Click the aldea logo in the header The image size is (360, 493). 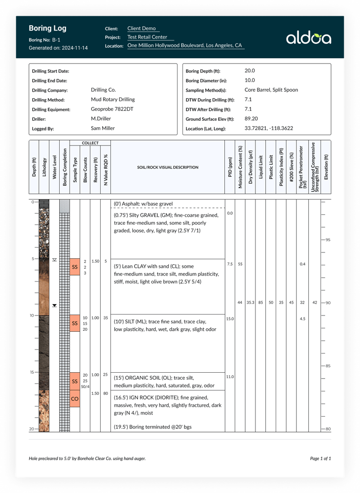coord(309,38)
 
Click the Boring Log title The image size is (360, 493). coord(47,29)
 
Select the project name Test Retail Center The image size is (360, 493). coord(147,37)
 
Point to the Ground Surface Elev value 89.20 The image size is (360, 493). coord(252,119)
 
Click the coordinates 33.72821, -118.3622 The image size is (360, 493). coord(269,129)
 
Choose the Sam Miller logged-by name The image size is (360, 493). coord(103,129)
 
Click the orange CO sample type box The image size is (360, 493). coord(75,398)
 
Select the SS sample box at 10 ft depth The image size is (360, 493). coord(75,323)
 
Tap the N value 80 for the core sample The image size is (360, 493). coord(106,393)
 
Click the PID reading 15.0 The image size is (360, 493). coord(230,319)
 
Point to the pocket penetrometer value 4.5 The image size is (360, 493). coord(302,319)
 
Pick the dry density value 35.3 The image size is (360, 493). coord(251,302)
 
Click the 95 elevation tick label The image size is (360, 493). coord(328,240)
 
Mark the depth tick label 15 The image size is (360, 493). coord(32,372)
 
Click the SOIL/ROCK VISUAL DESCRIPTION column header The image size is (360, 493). coord(168,168)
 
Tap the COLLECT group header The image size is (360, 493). coord(90,143)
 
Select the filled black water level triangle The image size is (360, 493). coord(54,305)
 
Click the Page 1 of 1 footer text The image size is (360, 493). coord(320,458)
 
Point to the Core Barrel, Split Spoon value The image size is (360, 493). coord(271,90)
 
